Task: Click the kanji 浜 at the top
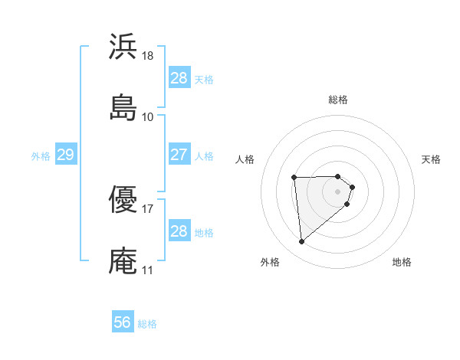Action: point(123,47)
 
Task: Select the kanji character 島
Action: point(123,106)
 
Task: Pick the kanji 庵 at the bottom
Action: point(123,260)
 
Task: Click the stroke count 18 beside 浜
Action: point(148,57)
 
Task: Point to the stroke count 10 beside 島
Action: point(147,117)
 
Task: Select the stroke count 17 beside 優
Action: point(147,209)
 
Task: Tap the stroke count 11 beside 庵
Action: point(147,270)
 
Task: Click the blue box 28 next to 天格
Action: point(179,78)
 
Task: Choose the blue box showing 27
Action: point(179,155)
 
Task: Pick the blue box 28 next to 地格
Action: point(179,231)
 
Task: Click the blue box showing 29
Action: point(65,155)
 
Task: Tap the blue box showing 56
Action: point(123,322)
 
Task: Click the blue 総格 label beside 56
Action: point(147,324)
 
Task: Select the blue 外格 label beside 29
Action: point(41,156)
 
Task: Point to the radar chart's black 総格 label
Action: point(338,100)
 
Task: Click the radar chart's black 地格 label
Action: point(402,263)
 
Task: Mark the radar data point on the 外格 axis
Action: point(301,242)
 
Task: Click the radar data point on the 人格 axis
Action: point(294,178)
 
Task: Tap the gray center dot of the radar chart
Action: point(337,191)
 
